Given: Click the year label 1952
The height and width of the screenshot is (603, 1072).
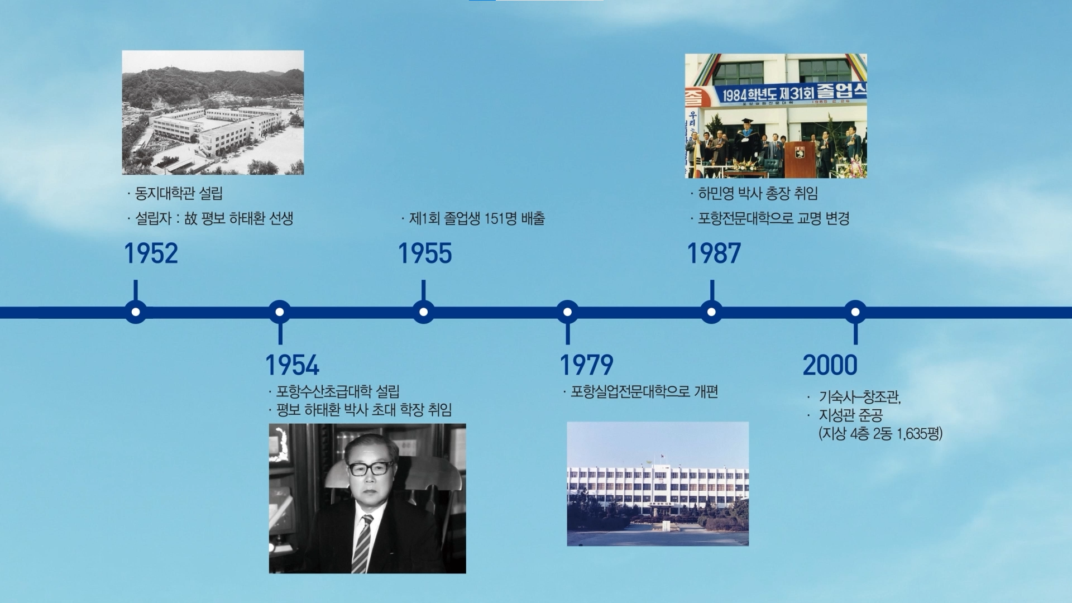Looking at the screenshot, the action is pyautogui.click(x=151, y=253).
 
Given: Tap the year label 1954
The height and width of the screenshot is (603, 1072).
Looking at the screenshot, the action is pyautogui.click(x=292, y=365).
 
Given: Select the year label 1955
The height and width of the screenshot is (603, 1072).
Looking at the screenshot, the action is pyautogui.click(x=425, y=253).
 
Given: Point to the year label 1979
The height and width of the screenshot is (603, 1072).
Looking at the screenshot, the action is pyautogui.click(x=586, y=365).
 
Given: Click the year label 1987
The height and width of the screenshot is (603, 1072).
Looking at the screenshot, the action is pyautogui.click(x=714, y=253).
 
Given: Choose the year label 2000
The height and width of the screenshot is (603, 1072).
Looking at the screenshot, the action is pyautogui.click(x=830, y=365).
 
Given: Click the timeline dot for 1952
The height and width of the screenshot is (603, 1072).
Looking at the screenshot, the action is pyautogui.click(x=136, y=312).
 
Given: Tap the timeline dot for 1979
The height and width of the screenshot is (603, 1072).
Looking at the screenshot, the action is pyautogui.click(x=567, y=312).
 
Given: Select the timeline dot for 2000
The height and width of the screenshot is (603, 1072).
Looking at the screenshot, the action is pyautogui.click(x=855, y=312).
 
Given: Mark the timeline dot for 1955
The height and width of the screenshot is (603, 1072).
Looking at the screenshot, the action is pyautogui.click(x=424, y=312).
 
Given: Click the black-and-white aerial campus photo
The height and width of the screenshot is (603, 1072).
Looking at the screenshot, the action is pyautogui.click(x=213, y=113).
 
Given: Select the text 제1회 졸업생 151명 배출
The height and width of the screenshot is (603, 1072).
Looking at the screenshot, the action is pyautogui.click(x=473, y=218).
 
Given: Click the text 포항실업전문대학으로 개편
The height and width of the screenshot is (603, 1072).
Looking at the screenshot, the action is pyautogui.click(x=640, y=391).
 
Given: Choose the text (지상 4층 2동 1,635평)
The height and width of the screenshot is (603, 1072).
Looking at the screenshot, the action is pyautogui.click(x=880, y=434).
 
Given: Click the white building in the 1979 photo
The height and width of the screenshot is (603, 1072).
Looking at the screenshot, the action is pyautogui.click(x=658, y=486).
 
